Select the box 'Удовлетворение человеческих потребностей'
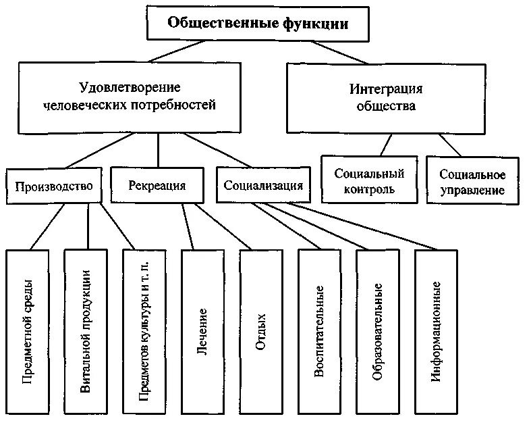point(130,97)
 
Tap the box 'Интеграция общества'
point(386,97)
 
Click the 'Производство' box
point(53,186)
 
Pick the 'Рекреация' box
point(157,186)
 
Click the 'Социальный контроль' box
point(369,181)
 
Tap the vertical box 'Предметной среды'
point(28,331)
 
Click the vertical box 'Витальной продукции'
point(86,331)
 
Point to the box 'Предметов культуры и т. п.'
point(144,331)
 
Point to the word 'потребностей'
point(183,105)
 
